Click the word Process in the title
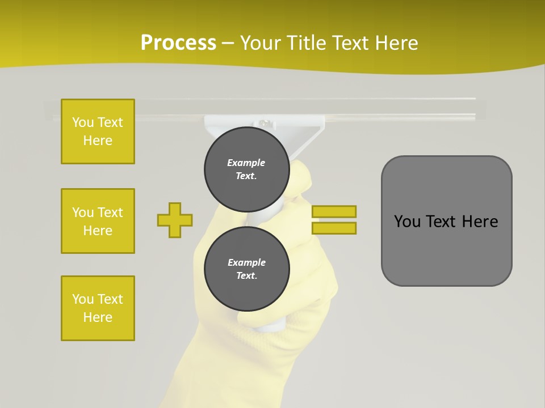point(178,43)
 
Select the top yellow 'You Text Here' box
point(98,131)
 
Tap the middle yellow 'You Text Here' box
point(98,221)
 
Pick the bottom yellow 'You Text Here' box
point(98,308)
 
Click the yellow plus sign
point(175,220)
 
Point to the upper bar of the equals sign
point(334,211)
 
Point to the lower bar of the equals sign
point(334,228)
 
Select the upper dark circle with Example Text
point(246,169)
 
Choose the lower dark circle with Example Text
point(246,269)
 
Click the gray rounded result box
point(446,249)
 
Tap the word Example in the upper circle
point(246,163)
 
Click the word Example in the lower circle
point(246,262)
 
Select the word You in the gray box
point(406,222)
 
